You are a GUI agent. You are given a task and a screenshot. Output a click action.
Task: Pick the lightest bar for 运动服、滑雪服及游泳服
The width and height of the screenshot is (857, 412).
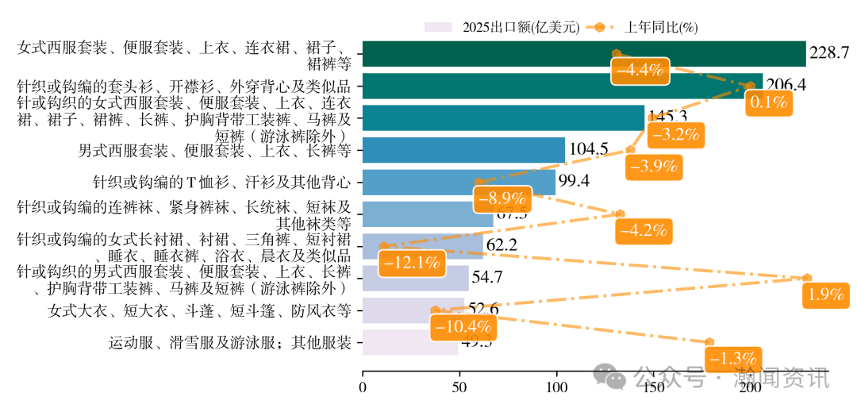(x=410, y=342)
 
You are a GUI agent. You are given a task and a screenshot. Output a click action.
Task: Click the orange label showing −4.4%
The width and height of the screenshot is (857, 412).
(x=640, y=70)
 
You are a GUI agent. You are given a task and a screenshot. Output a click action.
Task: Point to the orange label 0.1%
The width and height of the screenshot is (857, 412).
(x=767, y=102)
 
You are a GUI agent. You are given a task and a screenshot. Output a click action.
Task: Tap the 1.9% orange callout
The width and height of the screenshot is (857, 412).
(x=824, y=295)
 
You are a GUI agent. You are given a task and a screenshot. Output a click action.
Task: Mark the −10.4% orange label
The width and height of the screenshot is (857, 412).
(x=460, y=326)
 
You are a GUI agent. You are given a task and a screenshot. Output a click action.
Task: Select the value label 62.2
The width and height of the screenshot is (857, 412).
(x=502, y=245)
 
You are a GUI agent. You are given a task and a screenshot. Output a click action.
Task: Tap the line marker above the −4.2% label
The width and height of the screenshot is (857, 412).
(x=620, y=214)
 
